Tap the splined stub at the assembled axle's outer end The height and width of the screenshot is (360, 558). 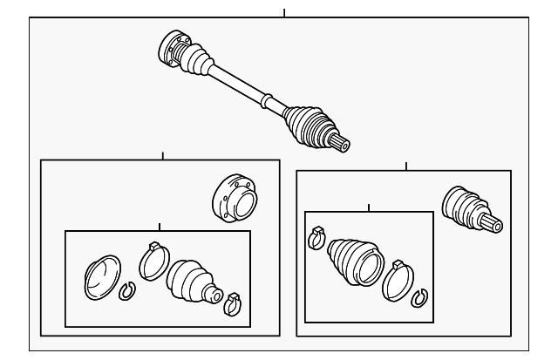[x=340, y=139]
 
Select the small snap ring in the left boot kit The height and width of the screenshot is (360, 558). [x=126, y=290]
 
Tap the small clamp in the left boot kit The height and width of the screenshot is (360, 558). [x=232, y=303]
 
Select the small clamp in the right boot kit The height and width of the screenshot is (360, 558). [x=317, y=235]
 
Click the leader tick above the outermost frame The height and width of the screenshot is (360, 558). [x=284, y=13]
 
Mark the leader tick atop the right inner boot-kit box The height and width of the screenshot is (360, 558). [x=370, y=207]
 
